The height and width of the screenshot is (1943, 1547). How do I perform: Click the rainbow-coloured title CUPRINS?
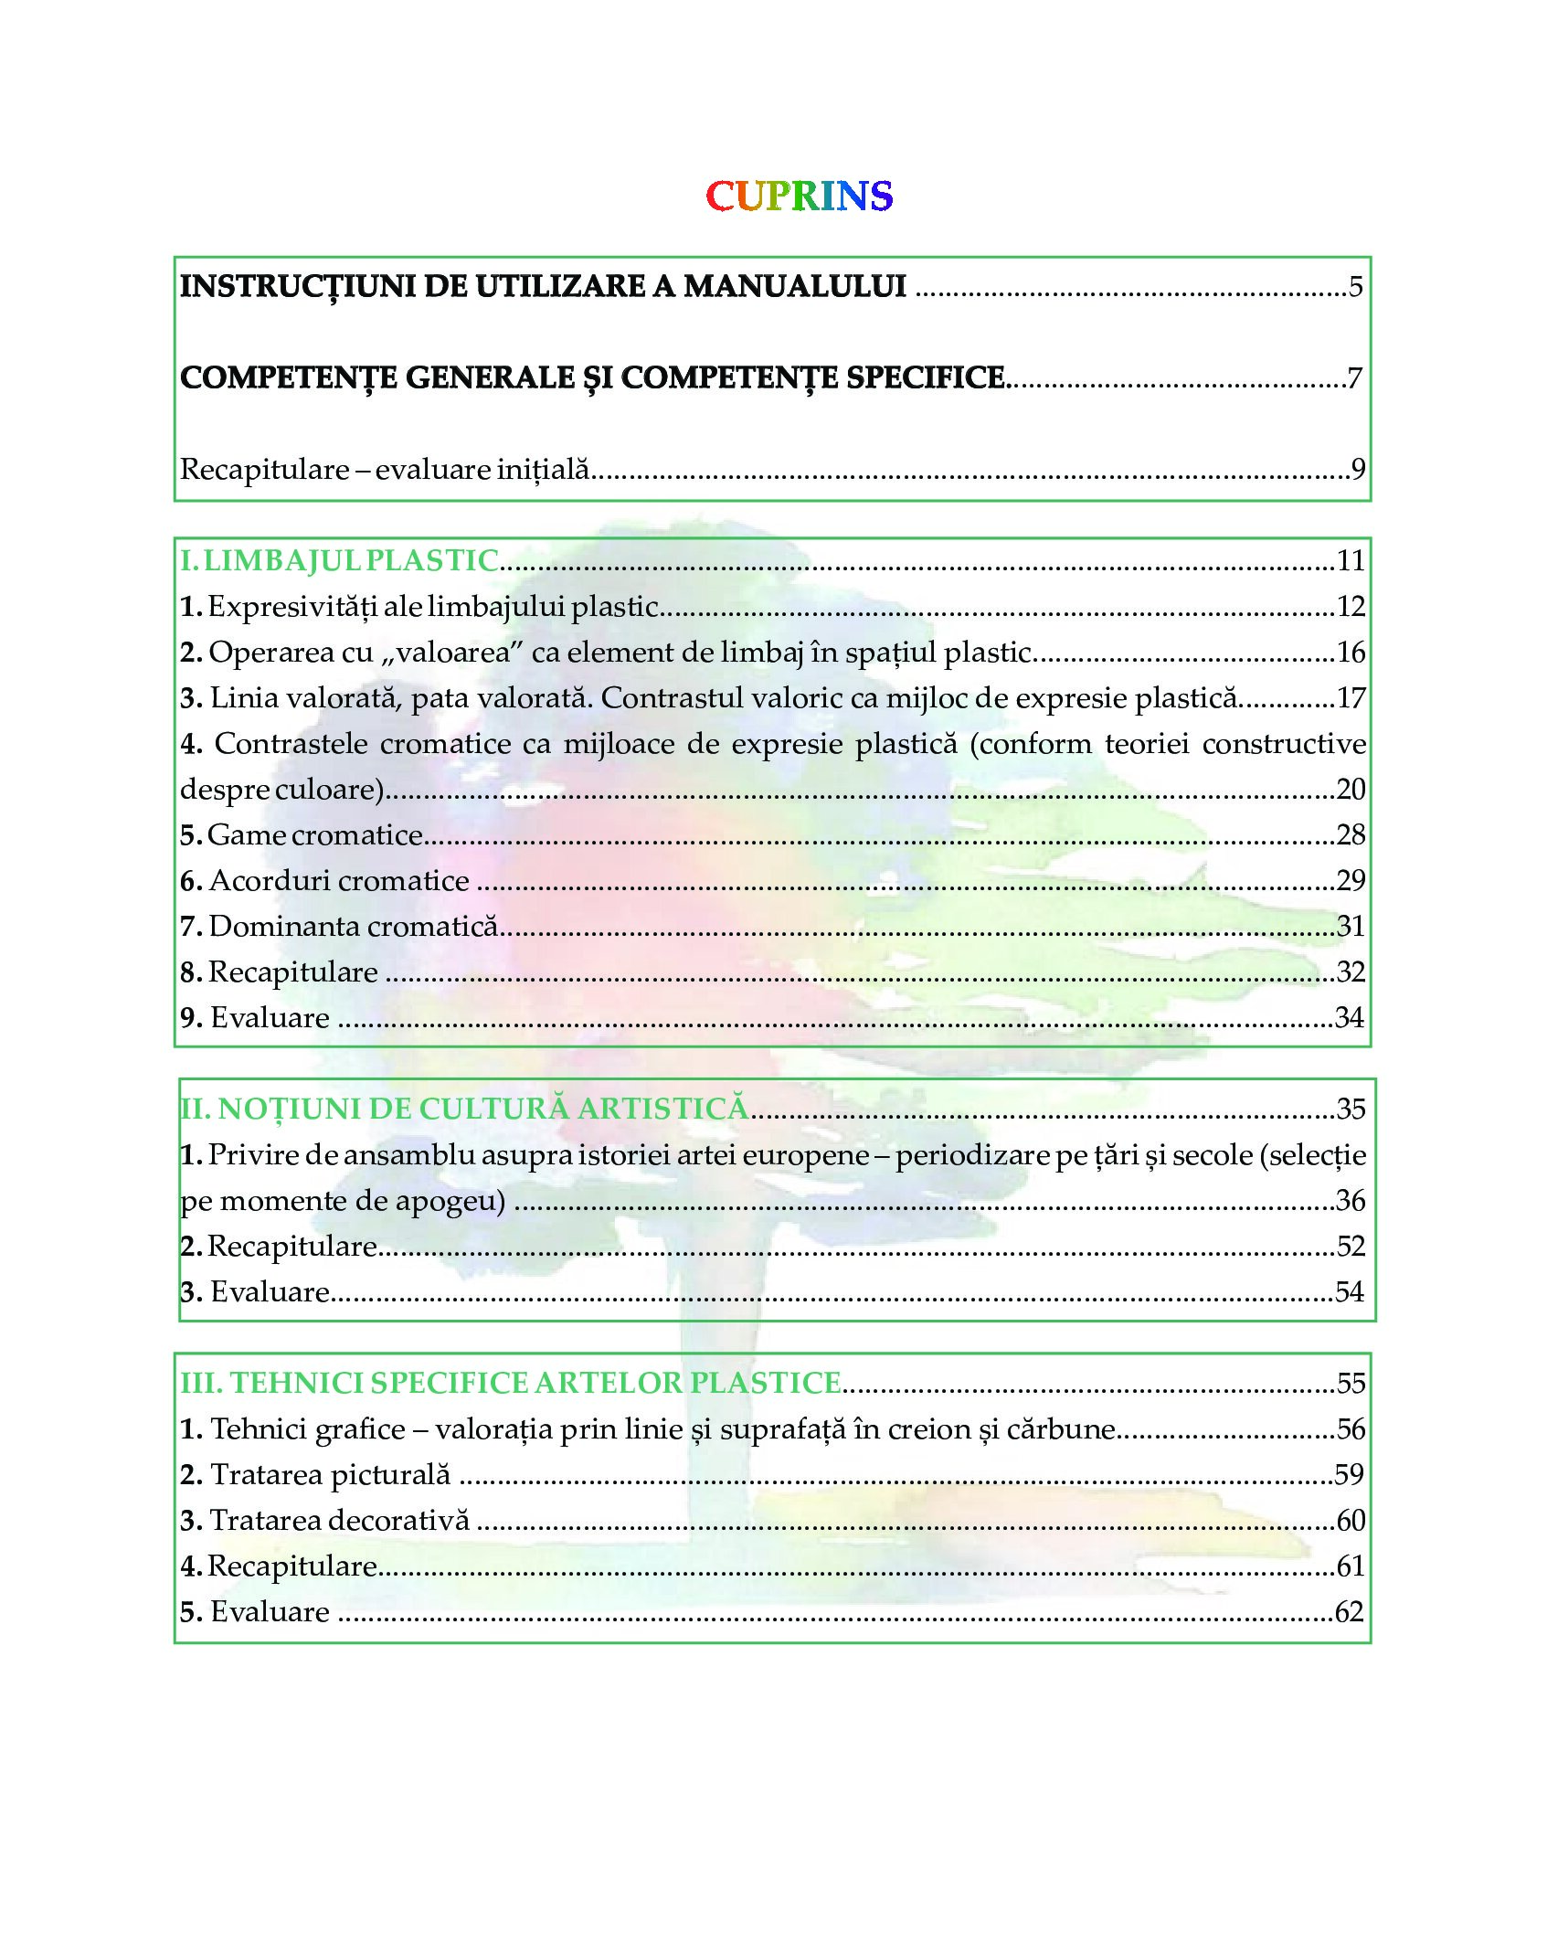click(x=799, y=196)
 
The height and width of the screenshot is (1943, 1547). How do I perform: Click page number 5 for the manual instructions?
click(x=1356, y=287)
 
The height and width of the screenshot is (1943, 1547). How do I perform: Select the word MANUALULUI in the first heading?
click(x=795, y=286)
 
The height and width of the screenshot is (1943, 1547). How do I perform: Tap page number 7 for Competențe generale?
click(x=1355, y=378)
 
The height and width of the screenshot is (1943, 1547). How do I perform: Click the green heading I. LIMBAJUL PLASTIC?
click(x=339, y=560)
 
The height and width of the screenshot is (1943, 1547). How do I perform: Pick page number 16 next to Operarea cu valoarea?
click(x=1351, y=653)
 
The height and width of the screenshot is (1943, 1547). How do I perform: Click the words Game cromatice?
click(x=315, y=834)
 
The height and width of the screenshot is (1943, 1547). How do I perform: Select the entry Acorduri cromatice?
click(x=339, y=880)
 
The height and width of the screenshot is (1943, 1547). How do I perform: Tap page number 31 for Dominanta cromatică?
click(x=1351, y=926)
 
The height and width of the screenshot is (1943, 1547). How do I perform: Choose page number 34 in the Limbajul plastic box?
click(x=1350, y=1017)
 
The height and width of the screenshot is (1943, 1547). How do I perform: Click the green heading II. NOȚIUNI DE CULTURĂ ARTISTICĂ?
click(x=464, y=1109)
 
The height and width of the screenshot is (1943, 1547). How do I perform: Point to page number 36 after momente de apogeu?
click(x=1351, y=1200)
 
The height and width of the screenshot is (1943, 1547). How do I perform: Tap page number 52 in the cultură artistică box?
click(x=1351, y=1246)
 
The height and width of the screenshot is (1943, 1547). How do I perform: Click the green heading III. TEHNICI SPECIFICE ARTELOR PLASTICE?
click(x=510, y=1383)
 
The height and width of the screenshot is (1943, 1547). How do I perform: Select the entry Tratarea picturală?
click(x=330, y=1474)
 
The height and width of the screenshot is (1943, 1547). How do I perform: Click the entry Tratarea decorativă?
click(x=339, y=1520)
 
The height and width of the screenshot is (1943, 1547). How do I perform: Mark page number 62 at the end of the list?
click(x=1350, y=1611)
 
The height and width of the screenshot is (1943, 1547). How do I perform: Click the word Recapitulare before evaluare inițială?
click(x=265, y=470)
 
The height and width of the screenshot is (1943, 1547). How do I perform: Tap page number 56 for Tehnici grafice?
click(x=1351, y=1428)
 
